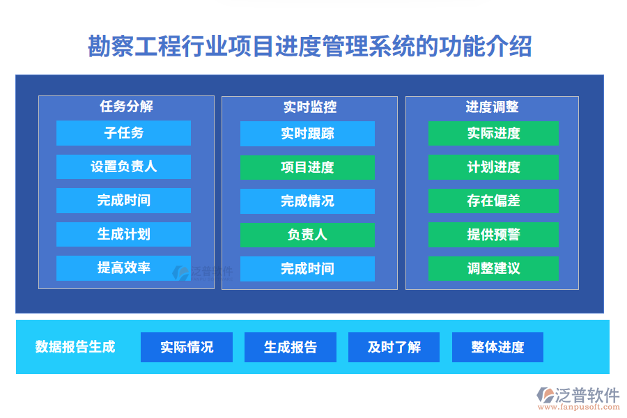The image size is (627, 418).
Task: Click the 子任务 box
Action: coord(123,133)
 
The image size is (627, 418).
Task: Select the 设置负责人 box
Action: coord(123,167)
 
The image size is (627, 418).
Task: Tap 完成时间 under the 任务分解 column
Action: coord(123,201)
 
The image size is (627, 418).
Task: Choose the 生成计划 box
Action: coord(123,235)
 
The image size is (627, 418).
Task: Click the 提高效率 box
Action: coord(123,268)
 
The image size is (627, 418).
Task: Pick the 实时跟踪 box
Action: coord(307,134)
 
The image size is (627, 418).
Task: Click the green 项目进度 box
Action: coord(307,167)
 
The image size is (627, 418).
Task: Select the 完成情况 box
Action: coord(307,201)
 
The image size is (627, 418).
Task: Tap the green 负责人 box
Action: coord(307,235)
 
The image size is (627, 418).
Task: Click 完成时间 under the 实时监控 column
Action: coord(307,269)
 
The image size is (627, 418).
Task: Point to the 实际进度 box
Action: coord(493,134)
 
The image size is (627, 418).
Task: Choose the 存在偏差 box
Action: coord(493,201)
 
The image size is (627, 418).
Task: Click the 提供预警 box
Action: coord(493,235)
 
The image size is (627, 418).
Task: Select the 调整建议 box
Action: coord(493,269)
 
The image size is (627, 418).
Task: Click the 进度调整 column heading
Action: coord(492,107)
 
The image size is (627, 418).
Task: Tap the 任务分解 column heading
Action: coord(126,107)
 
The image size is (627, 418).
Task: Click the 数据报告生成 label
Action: coord(75,347)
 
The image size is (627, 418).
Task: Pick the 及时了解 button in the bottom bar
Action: coord(394,347)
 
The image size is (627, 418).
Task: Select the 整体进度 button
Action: coord(497,347)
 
